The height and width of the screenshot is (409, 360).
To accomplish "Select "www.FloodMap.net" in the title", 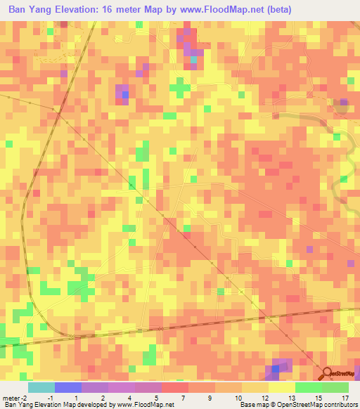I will [229, 10].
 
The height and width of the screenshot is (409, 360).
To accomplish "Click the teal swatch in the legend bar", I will [40, 387].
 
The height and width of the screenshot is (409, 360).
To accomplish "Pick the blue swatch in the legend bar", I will [67, 387].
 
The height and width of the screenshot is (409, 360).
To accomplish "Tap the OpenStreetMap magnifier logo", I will [328, 373].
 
